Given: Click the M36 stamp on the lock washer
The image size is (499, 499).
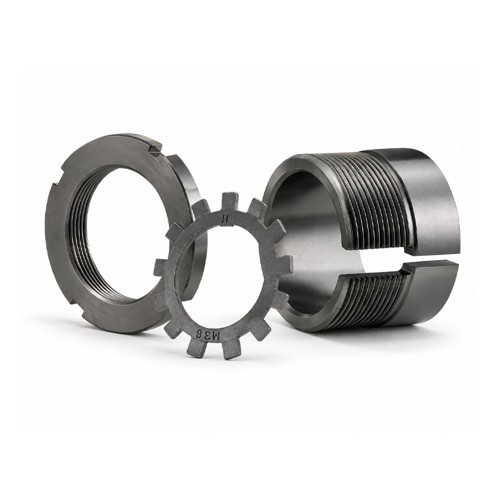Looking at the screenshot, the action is click(207, 335).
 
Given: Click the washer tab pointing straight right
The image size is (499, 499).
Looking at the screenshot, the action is click(283, 264).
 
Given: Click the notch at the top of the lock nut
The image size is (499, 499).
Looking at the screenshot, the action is click(156, 149).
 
